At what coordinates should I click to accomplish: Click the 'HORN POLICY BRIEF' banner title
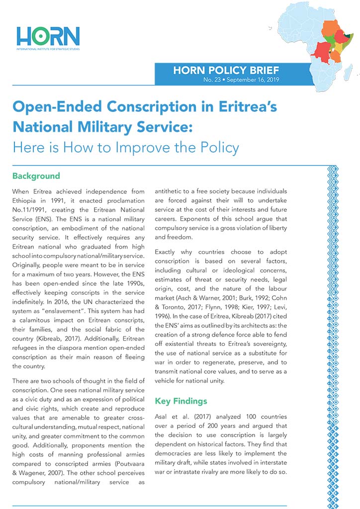[x=226, y=70]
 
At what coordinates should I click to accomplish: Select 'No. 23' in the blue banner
[x=212, y=80]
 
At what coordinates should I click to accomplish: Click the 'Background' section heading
[x=36, y=176]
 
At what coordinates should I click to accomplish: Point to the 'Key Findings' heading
[x=180, y=401]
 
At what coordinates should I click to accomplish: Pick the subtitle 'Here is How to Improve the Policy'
[x=126, y=148]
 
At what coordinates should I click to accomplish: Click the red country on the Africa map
[x=321, y=50]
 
